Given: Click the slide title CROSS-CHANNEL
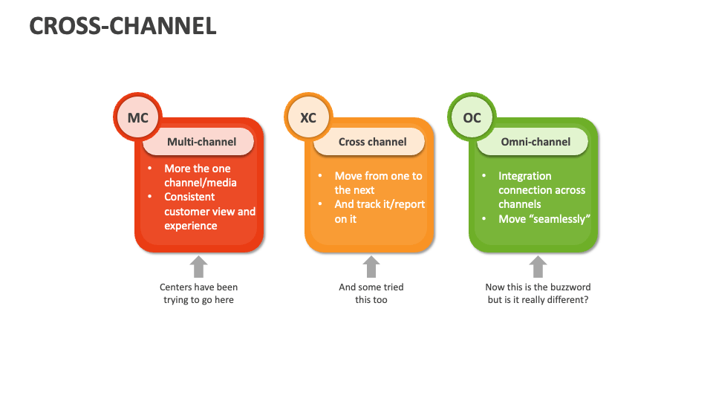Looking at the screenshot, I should (x=123, y=26).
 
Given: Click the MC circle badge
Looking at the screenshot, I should (x=138, y=118).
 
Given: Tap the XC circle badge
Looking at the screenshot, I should (x=308, y=118).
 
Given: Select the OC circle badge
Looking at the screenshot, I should (x=472, y=118).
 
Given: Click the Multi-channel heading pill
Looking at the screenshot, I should (x=201, y=142).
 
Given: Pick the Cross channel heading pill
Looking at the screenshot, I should (x=372, y=142).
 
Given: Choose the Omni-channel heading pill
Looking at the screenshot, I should (x=535, y=142).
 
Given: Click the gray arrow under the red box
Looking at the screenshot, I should (x=198, y=267).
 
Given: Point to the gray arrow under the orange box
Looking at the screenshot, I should (x=371, y=267).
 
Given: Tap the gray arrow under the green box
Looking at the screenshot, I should (x=538, y=267).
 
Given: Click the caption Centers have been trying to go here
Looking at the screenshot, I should (x=198, y=293).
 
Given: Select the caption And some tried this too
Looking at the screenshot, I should (x=371, y=293).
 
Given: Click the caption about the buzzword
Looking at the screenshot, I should (x=538, y=293).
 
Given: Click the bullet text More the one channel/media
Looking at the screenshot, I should (x=200, y=175).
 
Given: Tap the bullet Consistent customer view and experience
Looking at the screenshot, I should (x=209, y=211).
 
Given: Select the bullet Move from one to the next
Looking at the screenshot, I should (x=377, y=183).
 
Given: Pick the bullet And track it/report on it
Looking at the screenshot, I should (x=379, y=211).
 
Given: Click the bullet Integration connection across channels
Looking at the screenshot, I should (x=541, y=190).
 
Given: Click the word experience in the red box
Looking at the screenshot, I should (x=191, y=226).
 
